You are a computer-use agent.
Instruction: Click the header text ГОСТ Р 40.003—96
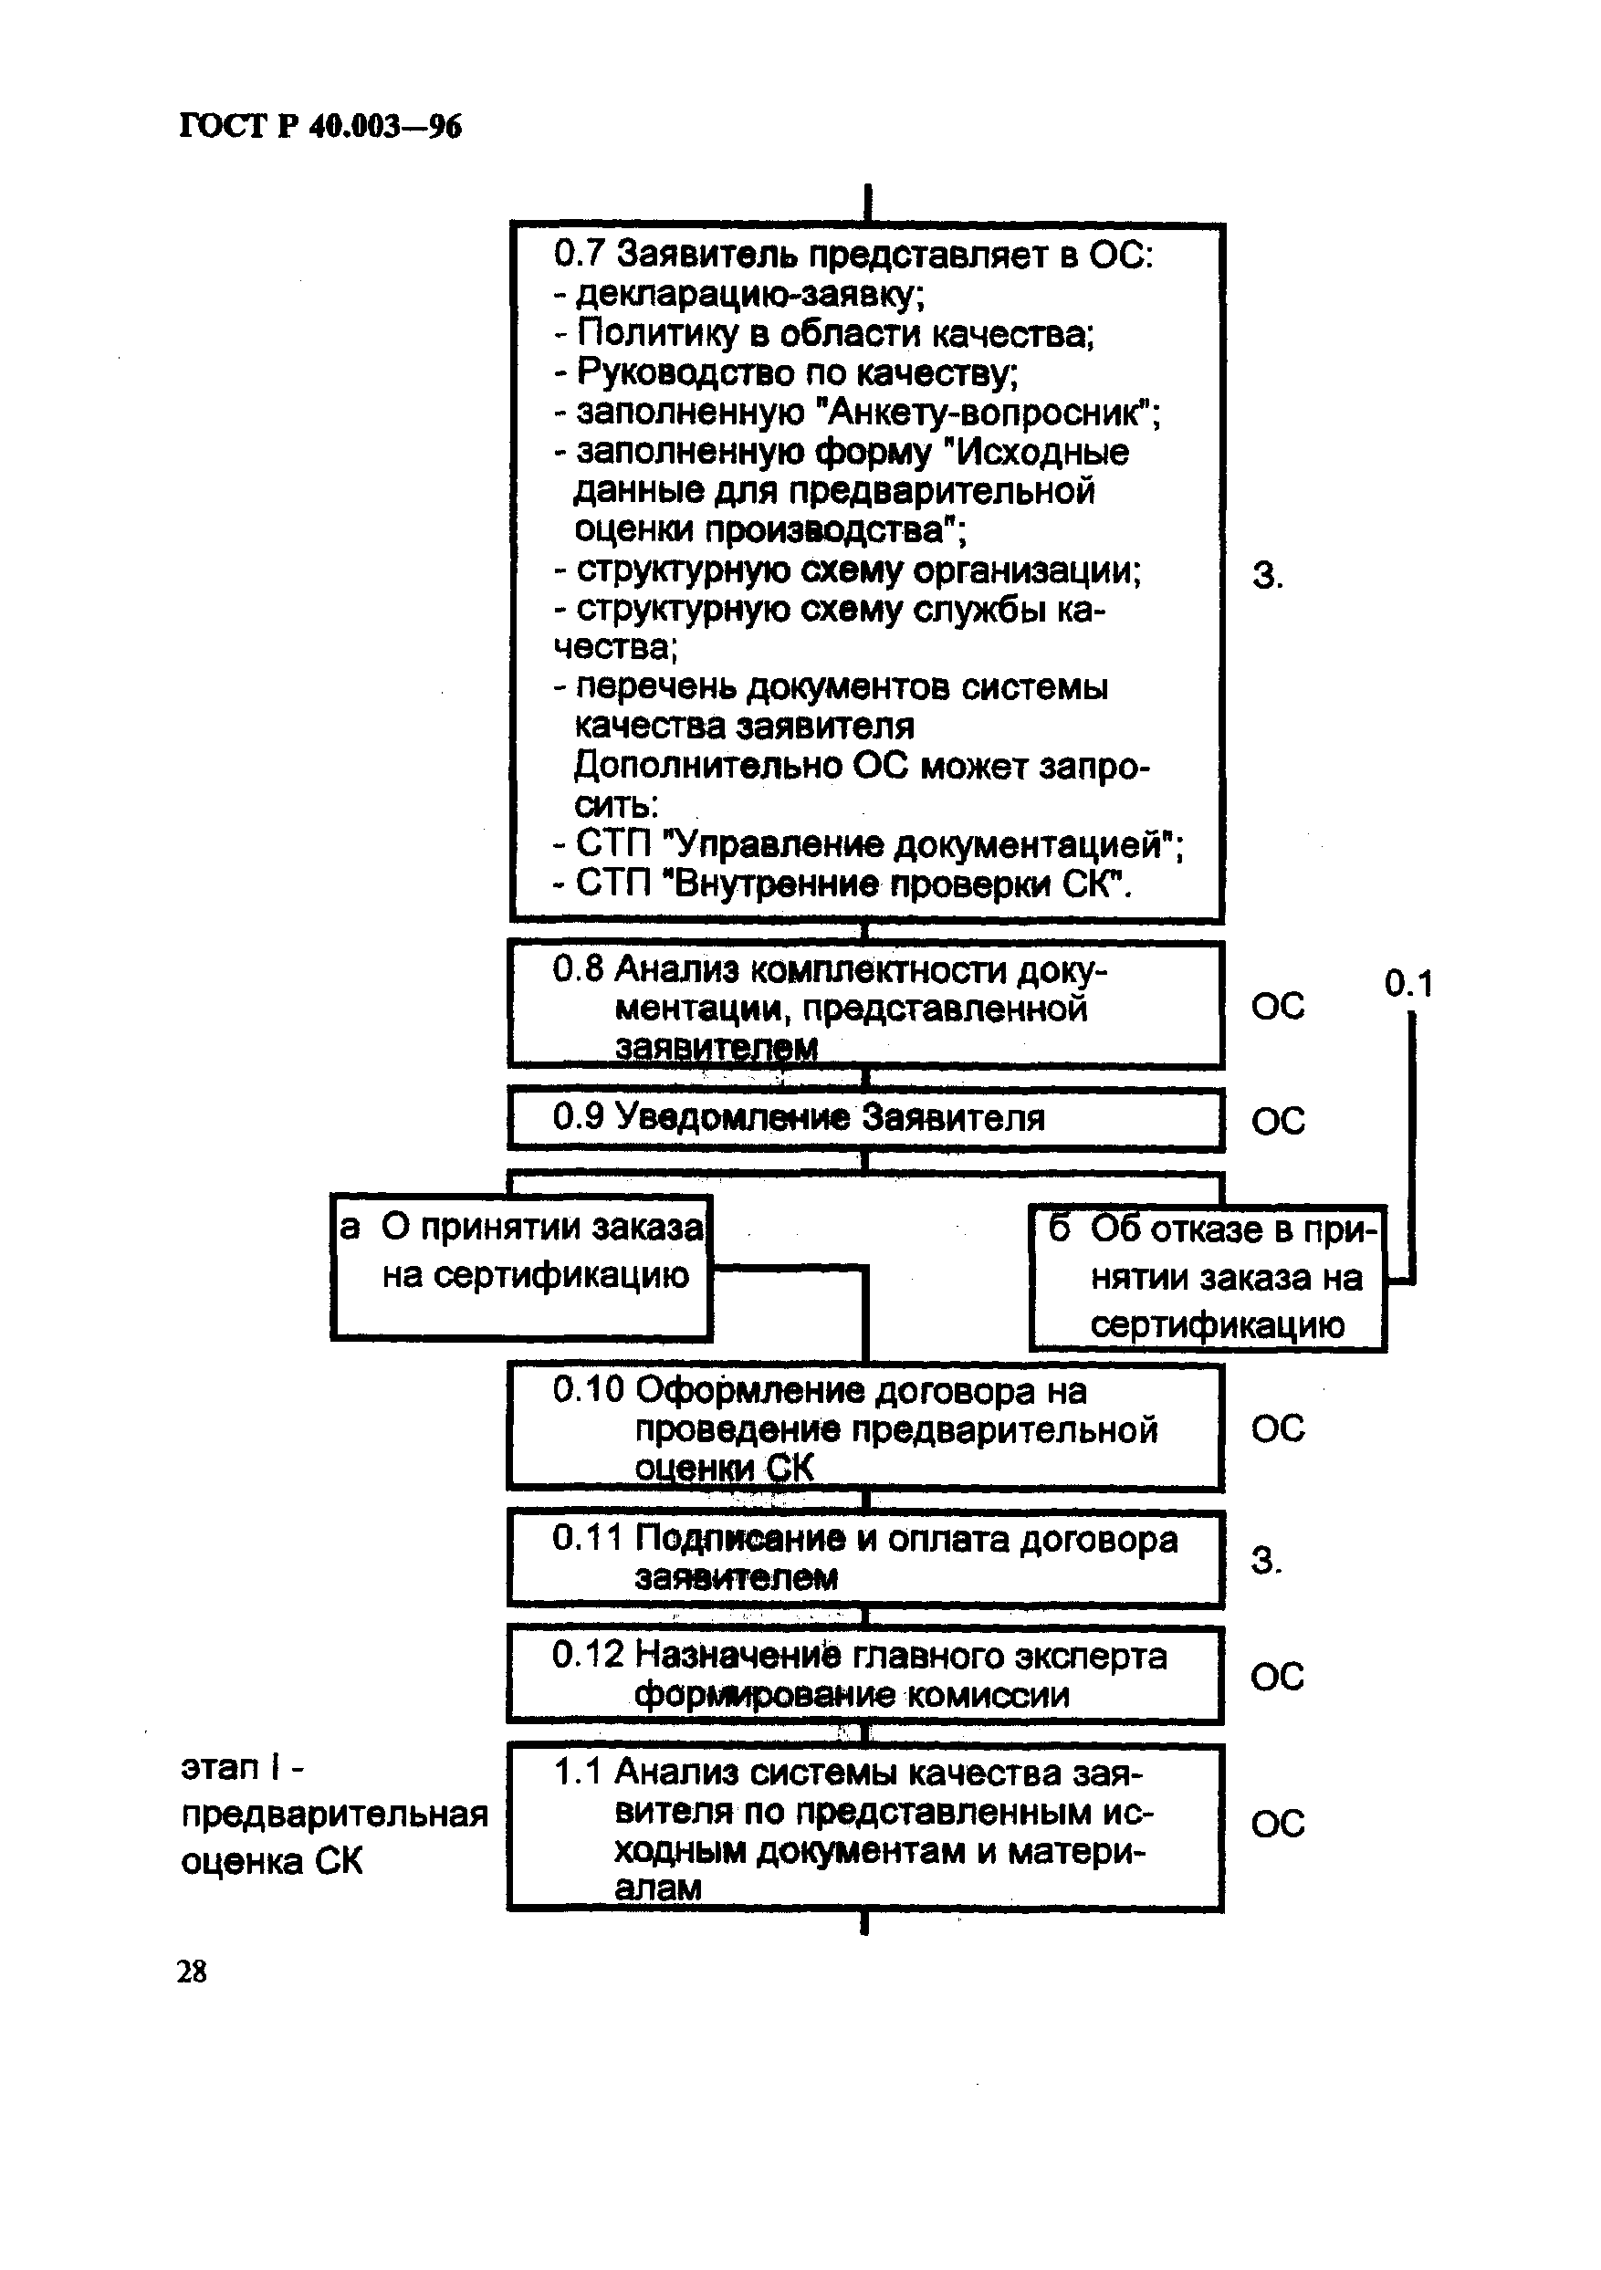pyautogui.click(x=320, y=128)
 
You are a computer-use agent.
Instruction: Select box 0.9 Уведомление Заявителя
pyautogui.click(x=865, y=1118)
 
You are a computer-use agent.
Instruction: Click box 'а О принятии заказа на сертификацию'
pyautogui.click(x=521, y=1267)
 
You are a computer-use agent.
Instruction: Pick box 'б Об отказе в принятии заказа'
pyautogui.click(x=1208, y=1277)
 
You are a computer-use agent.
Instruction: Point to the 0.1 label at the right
pyautogui.click(x=1407, y=983)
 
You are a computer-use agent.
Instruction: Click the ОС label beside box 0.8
pyautogui.click(x=1278, y=1007)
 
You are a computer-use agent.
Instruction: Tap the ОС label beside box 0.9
pyautogui.click(x=1278, y=1120)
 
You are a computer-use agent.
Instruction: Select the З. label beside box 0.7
pyautogui.click(x=1268, y=575)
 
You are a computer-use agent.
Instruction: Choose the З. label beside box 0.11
pyautogui.click(x=1267, y=1560)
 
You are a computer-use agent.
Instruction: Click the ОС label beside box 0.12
pyautogui.click(x=1277, y=1676)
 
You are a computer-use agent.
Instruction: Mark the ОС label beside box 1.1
pyautogui.click(x=1278, y=1823)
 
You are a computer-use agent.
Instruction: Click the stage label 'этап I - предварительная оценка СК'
pyautogui.click(x=333, y=1815)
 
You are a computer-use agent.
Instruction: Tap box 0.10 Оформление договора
pyautogui.click(x=865, y=1427)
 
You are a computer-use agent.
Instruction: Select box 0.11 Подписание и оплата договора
pyautogui.click(x=865, y=1558)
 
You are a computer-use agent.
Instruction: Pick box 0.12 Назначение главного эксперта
pyautogui.click(x=865, y=1675)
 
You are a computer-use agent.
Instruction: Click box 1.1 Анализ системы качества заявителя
pyautogui.click(x=865, y=1828)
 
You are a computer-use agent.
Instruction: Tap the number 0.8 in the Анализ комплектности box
pyautogui.click(x=578, y=969)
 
